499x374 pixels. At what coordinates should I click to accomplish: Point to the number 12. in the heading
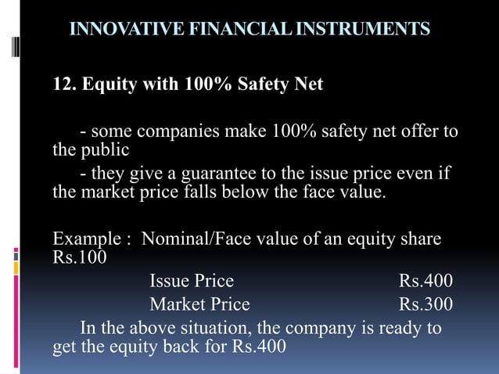point(63,84)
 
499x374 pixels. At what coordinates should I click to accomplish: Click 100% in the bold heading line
point(214,84)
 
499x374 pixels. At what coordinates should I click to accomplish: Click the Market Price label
point(199,304)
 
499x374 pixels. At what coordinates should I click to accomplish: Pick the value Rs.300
point(425,304)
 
